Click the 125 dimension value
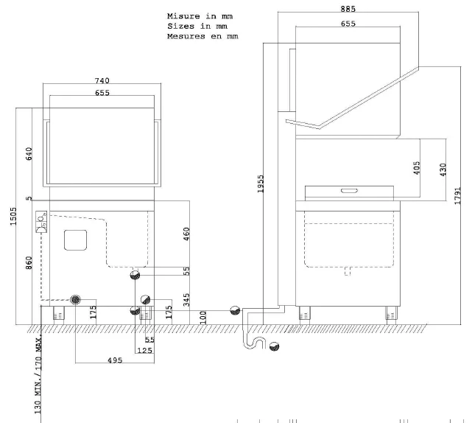pyautogui.click(x=146, y=351)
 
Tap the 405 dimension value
pyautogui.click(x=417, y=168)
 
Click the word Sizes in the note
pyautogui.click(x=181, y=26)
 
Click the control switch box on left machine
pyautogui.click(x=41, y=222)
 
